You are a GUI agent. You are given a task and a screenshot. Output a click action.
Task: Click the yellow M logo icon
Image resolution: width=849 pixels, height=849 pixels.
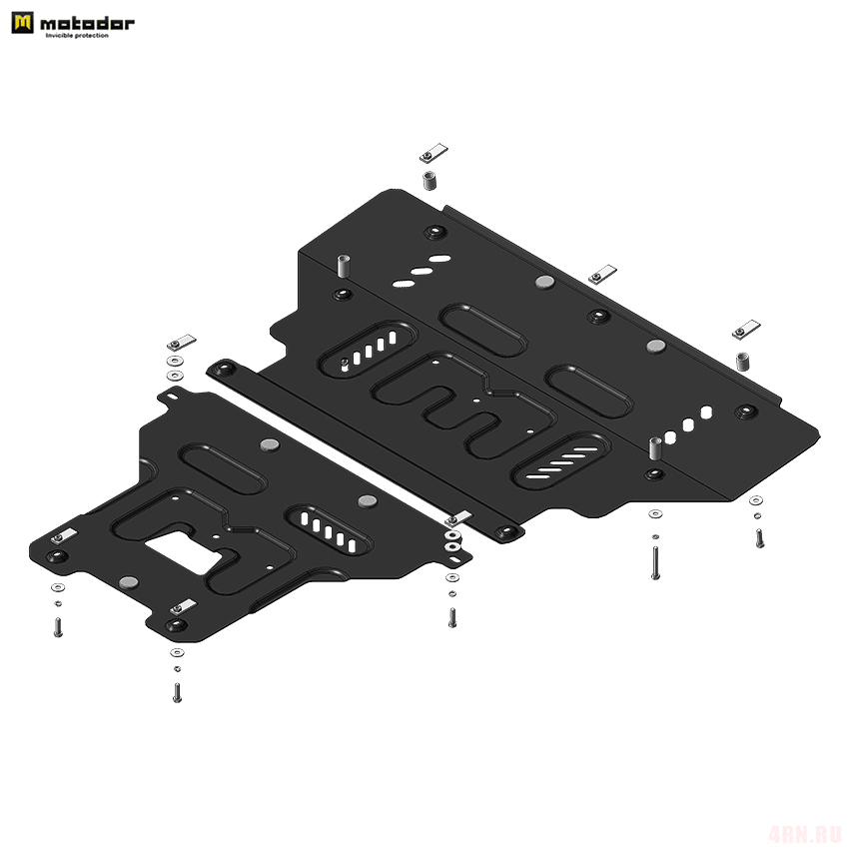22,23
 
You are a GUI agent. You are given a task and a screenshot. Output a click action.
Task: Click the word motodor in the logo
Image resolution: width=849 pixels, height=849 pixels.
87,23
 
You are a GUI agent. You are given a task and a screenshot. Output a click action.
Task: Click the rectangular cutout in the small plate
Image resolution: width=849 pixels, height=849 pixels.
185,551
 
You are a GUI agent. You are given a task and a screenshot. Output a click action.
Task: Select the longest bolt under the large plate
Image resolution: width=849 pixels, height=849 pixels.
655,563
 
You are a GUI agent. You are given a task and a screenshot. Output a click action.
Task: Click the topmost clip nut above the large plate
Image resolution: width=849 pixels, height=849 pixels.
433,153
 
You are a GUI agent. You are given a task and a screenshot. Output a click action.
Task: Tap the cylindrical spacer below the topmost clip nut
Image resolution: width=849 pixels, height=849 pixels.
429,181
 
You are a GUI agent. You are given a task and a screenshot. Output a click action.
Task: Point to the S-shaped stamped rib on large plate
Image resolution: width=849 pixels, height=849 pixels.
464,405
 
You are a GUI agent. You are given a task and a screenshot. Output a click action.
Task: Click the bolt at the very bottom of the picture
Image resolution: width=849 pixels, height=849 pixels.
177,692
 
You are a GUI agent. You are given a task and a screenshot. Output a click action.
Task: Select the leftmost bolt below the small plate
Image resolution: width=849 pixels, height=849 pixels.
58,627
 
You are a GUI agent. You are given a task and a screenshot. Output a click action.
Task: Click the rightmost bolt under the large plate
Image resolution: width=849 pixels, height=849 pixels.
760,537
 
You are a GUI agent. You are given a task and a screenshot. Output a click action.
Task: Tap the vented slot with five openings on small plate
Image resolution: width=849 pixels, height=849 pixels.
329,530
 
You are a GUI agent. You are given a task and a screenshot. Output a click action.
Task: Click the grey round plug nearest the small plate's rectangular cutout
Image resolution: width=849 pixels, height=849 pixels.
128,582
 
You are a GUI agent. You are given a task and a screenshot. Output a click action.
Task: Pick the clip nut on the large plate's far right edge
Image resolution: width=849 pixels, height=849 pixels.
746,330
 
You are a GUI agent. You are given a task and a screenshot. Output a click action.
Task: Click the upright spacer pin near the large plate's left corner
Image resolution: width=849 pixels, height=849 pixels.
344,266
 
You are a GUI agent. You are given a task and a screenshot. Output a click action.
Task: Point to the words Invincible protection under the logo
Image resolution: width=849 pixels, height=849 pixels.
77,36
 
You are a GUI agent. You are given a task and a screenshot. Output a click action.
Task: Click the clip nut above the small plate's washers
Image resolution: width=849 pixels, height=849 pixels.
182,343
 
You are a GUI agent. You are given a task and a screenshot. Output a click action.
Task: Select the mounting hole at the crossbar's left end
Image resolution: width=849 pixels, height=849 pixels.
223,369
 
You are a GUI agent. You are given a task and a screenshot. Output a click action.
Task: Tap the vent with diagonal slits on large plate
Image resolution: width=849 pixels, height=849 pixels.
560,461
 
